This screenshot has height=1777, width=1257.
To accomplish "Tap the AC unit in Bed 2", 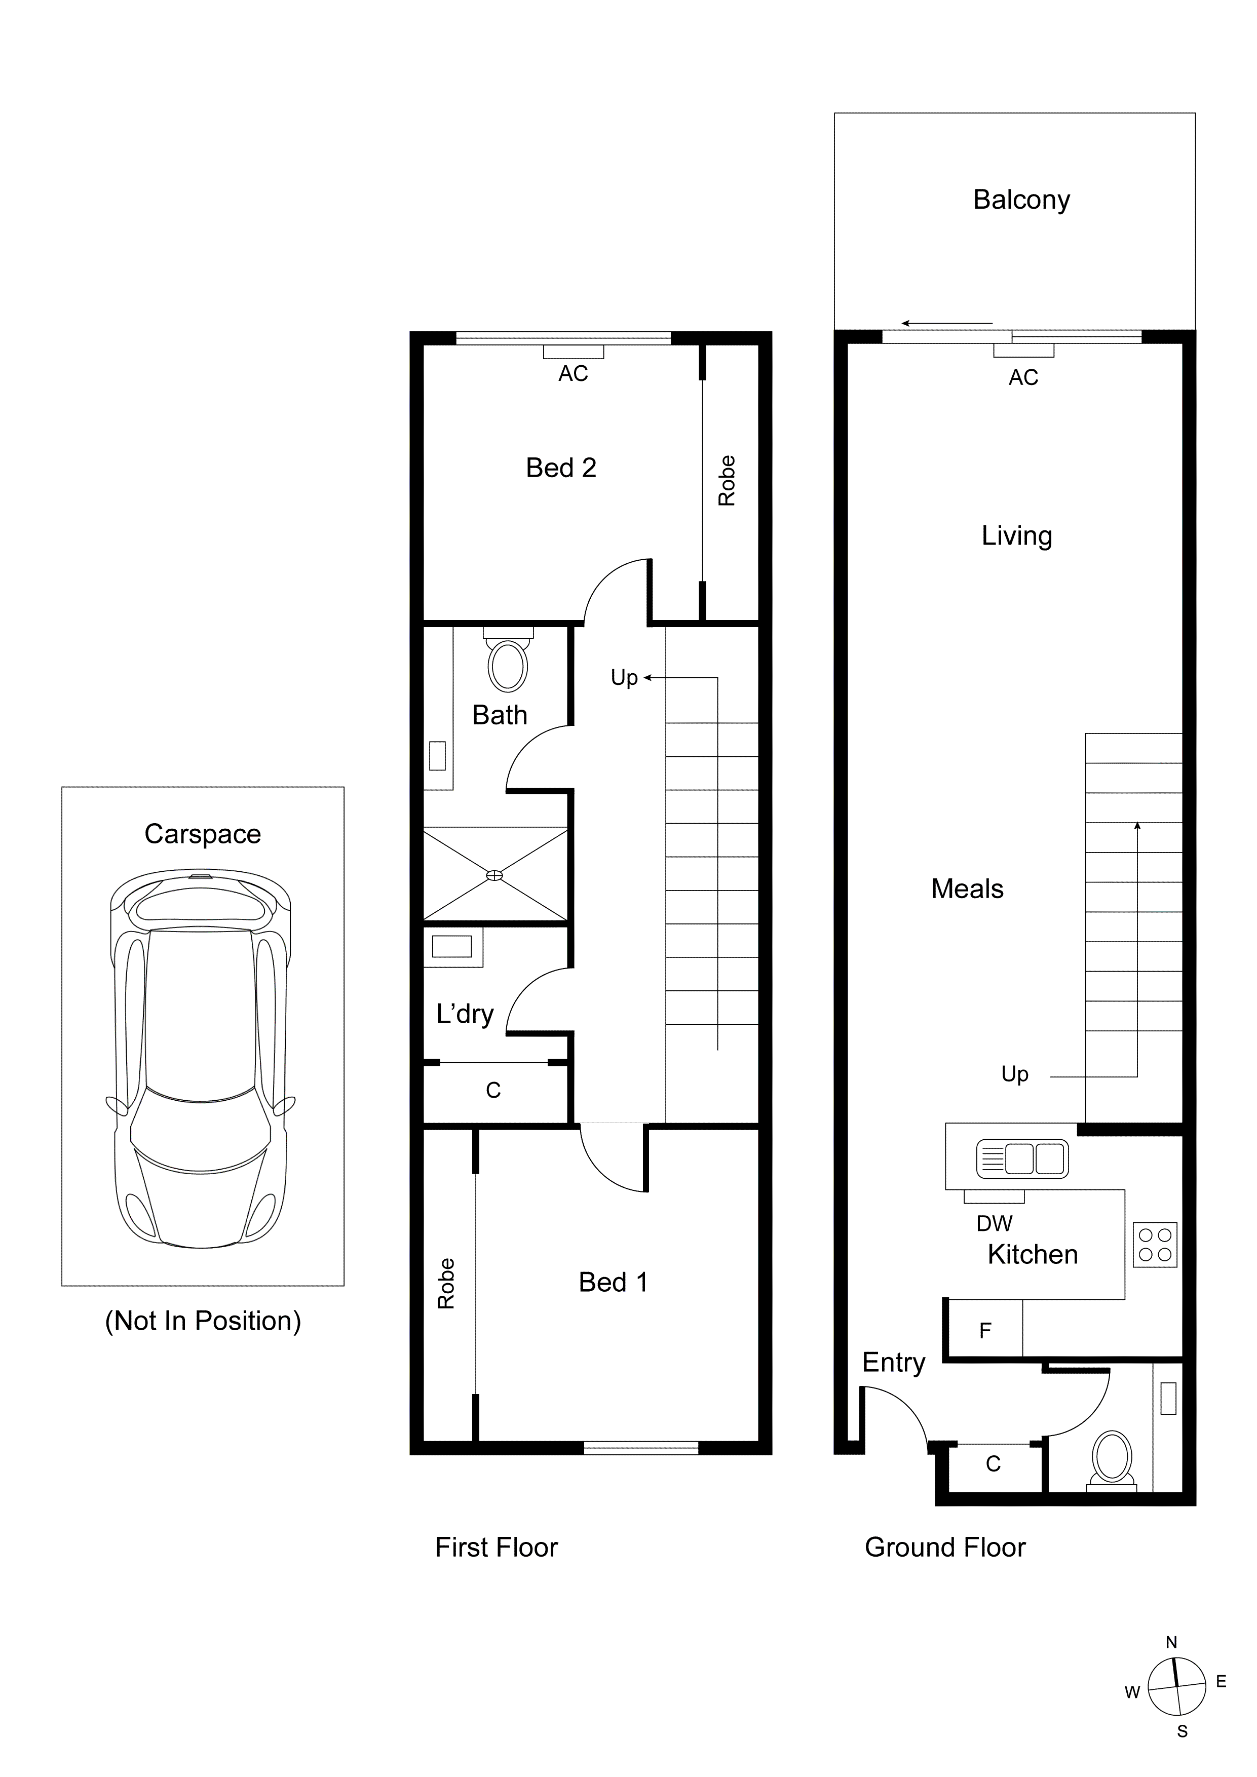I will coord(573,352).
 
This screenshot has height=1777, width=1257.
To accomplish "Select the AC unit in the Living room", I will coord(1023,351).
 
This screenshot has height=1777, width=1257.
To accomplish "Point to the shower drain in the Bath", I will coord(494,875).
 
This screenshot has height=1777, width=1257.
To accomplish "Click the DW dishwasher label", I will coord(994,1224).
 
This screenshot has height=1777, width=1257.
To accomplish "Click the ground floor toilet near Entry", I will coord(1112,1457).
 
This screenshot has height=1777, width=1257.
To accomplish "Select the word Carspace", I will coord(203,834).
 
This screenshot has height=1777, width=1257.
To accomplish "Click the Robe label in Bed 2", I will coord(726,481).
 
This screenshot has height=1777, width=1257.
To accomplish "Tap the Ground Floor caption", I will coord(944,1547).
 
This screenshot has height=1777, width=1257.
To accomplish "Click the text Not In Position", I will coord(203,1321).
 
